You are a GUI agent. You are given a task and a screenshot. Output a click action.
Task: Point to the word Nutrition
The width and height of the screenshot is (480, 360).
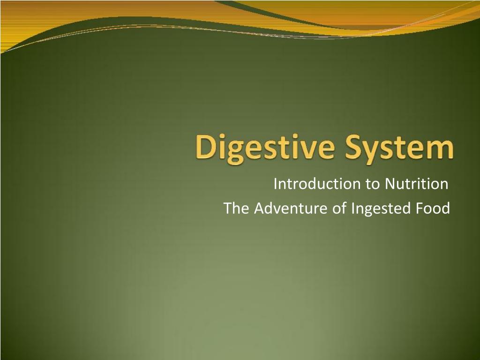[417, 184]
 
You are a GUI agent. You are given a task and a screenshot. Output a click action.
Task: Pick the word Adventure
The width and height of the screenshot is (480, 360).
[292, 208]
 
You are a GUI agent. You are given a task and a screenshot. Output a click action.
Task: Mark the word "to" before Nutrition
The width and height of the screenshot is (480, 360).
[373, 184]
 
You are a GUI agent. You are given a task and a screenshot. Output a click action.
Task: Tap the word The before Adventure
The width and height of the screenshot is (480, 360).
[236, 208]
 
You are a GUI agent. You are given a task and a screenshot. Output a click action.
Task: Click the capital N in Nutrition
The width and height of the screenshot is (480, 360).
[390, 184]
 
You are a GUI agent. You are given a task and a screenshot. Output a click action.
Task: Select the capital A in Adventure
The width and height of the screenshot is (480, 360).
[259, 208]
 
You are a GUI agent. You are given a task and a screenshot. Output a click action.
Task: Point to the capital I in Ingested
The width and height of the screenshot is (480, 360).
[352, 208]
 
